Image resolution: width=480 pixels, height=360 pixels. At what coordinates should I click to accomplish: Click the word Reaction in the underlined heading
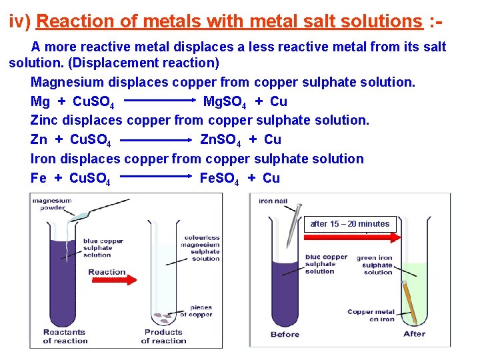[x=71, y=21]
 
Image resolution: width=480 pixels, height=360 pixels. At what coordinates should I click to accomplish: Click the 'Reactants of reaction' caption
[x=65, y=336]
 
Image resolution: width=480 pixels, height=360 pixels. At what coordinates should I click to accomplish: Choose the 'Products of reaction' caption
[x=163, y=336]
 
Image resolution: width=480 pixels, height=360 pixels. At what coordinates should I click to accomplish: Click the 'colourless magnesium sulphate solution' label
[x=200, y=247]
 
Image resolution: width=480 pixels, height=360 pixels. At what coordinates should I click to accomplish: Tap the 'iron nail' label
[x=274, y=201]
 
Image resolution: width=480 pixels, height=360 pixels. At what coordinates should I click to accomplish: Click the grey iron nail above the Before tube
[x=290, y=227]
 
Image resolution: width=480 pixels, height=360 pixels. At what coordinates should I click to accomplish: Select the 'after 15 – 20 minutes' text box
[x=350, y=224]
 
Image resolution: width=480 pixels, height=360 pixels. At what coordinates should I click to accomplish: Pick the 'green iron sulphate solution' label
[x=377, y=265]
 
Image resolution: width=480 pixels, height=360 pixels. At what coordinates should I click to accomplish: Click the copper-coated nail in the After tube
[x=411, y=304]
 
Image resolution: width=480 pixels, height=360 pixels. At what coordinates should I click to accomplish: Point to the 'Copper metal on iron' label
[x=371, y=315]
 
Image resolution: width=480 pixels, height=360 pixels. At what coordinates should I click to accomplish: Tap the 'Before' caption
[x=285, y=334]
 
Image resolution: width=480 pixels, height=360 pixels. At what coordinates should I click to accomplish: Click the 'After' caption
[x=414, y=334]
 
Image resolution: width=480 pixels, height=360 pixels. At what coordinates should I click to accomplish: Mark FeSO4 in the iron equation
[x=219, y=179]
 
